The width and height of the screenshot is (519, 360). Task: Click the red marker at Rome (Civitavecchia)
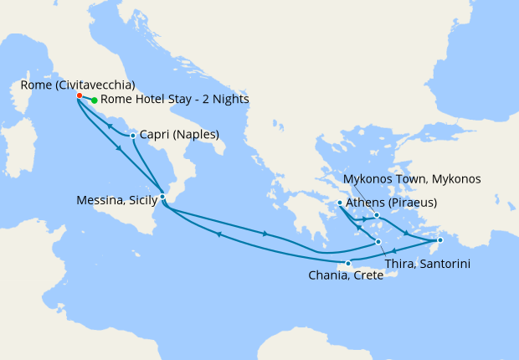[x=80, y=95]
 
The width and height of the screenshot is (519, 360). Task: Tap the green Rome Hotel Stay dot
[x=94, y=100]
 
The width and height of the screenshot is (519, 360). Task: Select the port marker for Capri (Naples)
[x=133, y=136]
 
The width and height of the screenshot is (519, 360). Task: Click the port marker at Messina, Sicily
[x=162, y=197]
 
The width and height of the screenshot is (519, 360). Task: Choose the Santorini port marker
[x=378, y=243]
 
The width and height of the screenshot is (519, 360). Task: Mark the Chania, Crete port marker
[x=348, y=264]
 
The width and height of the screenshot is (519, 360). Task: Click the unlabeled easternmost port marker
[x=439, y=241]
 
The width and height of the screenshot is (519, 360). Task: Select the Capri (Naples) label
[x=179, y=135]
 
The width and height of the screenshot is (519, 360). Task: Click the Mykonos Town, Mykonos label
[x=413, y=179]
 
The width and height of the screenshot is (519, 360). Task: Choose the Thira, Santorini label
[x=427, y=264]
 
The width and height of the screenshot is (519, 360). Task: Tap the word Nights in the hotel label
[x=229, y=100]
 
